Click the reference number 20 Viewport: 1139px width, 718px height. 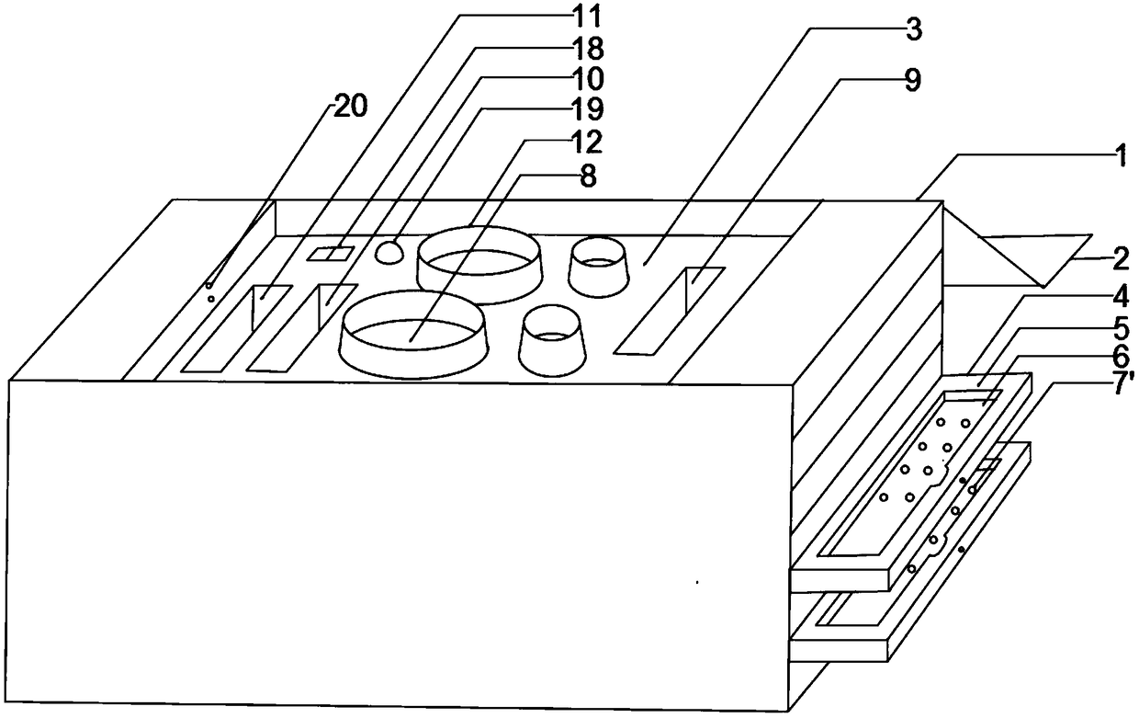[349, 106]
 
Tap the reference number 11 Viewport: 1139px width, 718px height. [584, 15]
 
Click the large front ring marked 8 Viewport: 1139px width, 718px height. [412, 335]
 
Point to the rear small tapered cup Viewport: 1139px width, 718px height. [598, 267]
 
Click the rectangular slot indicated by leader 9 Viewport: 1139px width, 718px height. [670, 310]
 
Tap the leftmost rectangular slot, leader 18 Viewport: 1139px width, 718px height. [236, 328]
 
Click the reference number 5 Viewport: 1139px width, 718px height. [1118, 326]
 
